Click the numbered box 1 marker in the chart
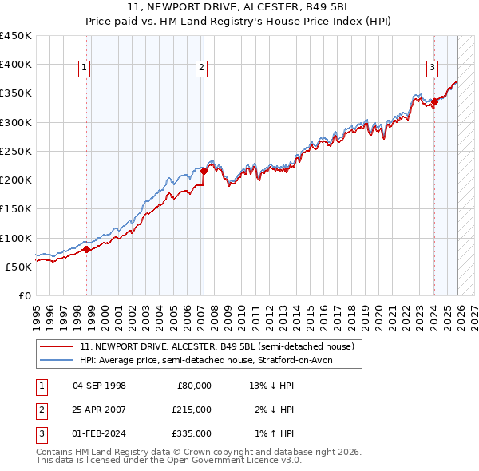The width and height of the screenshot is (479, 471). (85, 69)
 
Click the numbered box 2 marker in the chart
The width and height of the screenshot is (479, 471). (202, 69)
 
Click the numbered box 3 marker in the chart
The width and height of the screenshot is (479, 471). (432, 69)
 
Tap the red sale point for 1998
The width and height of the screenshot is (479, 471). (86, 249)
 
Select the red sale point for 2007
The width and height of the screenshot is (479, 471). (204, 170)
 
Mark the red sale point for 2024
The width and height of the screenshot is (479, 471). (434, 101)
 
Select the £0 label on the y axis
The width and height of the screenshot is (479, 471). (24, 295)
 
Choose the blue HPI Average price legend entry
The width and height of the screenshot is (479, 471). (211, 360)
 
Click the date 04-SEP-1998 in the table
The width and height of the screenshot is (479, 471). (99, 385)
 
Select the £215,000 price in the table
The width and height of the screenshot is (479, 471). (192, 410)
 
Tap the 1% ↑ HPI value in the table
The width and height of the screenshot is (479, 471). (272, 433)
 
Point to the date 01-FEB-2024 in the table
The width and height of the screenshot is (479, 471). (99, 433)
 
